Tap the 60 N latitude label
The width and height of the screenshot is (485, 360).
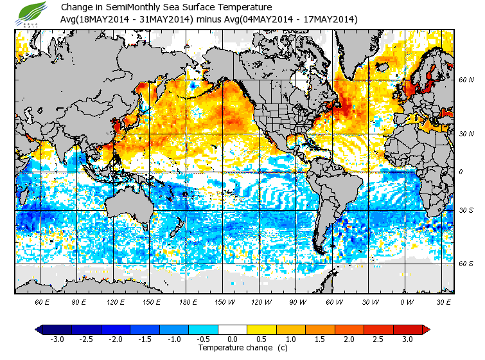pos(467,80)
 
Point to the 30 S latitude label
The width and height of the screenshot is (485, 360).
pos(467,211)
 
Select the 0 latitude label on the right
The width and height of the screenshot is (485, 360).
pos(461,172)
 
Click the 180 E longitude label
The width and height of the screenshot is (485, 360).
pos(188,301)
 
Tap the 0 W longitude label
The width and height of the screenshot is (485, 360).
pos(407,301)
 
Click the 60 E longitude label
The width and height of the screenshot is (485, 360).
pos(42,301)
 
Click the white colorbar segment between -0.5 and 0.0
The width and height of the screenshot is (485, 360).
pos(218,329)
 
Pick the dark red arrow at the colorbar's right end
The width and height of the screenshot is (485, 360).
pos(426,329)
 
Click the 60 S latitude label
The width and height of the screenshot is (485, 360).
pos(467,263)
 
